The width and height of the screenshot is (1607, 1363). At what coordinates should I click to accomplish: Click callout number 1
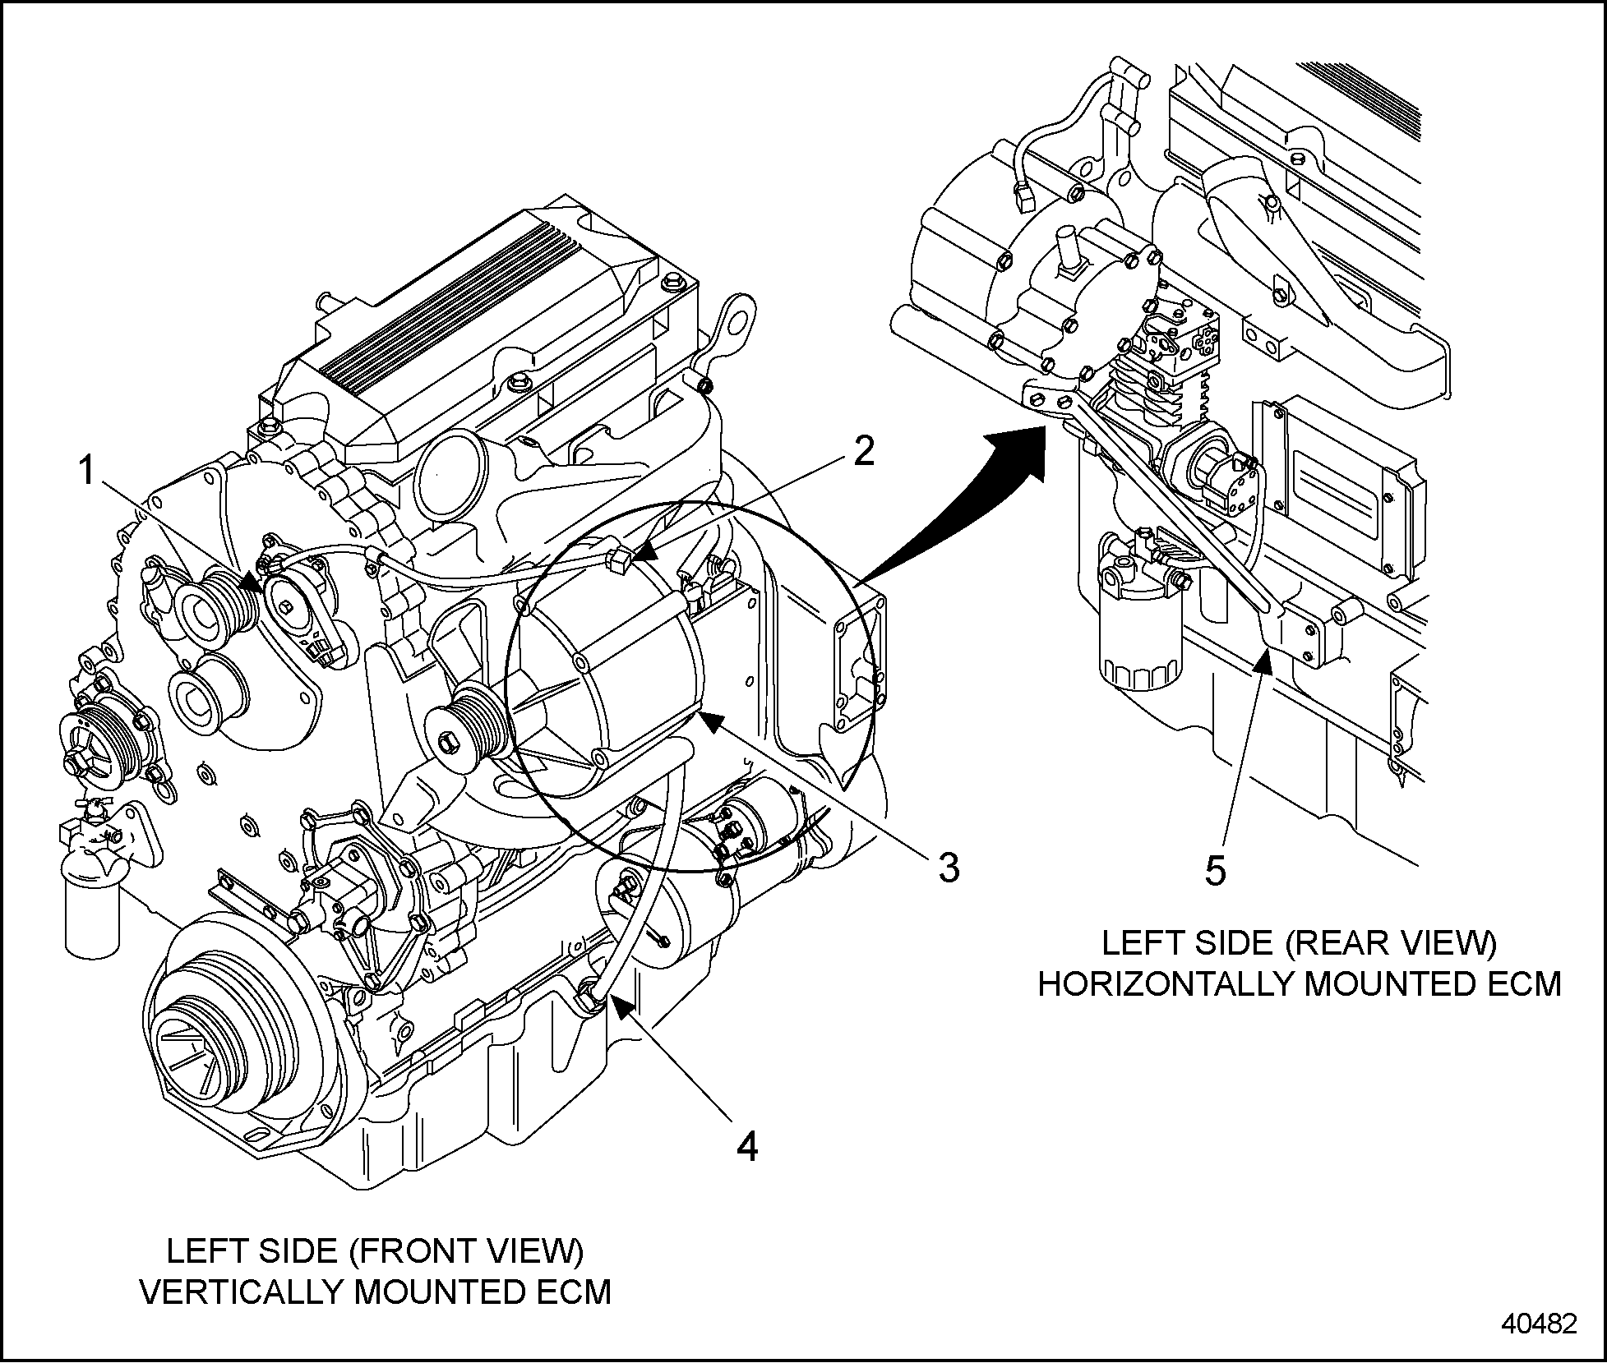[85, 472]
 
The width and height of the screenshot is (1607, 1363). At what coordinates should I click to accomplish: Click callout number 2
[863, 450]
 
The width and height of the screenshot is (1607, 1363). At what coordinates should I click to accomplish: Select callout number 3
[949, 868]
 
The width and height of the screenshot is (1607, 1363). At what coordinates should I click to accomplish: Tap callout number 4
[746, 1145]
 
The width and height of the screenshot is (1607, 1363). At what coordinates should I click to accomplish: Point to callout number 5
[1216, 870]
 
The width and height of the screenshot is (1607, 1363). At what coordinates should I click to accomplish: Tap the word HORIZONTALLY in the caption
[1164, 983]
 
